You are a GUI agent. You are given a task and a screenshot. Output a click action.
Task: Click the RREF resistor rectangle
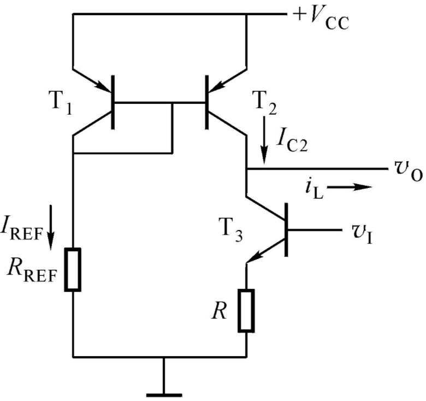click(x=73, y=269)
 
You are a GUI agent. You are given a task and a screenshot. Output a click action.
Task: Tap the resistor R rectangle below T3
click(x=246, y=310)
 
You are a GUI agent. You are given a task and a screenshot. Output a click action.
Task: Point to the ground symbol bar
click(x=164, y=396)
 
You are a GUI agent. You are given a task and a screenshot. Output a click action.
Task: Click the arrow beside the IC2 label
click(x=264, y=140)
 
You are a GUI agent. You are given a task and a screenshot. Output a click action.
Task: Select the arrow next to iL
click(x=350, y=187)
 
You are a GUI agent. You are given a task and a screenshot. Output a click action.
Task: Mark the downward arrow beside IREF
click(x=51, y=227)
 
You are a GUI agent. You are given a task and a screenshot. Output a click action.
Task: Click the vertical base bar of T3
click(x=286, y=229)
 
